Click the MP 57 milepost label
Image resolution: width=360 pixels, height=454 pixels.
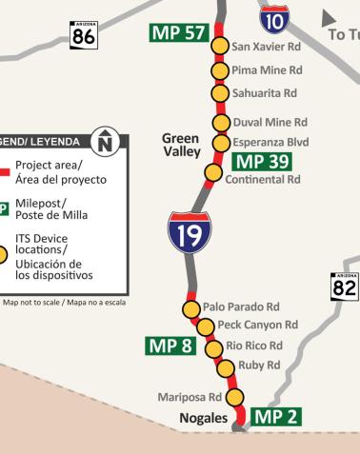pos(178,33)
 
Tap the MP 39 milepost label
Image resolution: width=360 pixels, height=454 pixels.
pos(260,161)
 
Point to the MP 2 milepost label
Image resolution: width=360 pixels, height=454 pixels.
pos(276,415)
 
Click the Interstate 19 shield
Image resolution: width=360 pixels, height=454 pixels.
pos(190,232)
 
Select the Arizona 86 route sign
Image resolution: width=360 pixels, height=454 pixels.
pos(84,34)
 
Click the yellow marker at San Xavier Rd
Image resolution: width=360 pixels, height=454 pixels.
pos(220,47)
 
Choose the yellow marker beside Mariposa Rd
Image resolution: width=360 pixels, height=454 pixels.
pos(233,398)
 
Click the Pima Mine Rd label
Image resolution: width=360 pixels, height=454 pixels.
pos(268,70)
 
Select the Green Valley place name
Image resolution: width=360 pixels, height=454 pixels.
pos(181,145)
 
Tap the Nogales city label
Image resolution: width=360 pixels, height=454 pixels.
pos(203,418)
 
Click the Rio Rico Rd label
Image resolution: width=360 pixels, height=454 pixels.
pos(255,345)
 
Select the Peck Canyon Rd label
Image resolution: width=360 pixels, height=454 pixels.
pos(257,326)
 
